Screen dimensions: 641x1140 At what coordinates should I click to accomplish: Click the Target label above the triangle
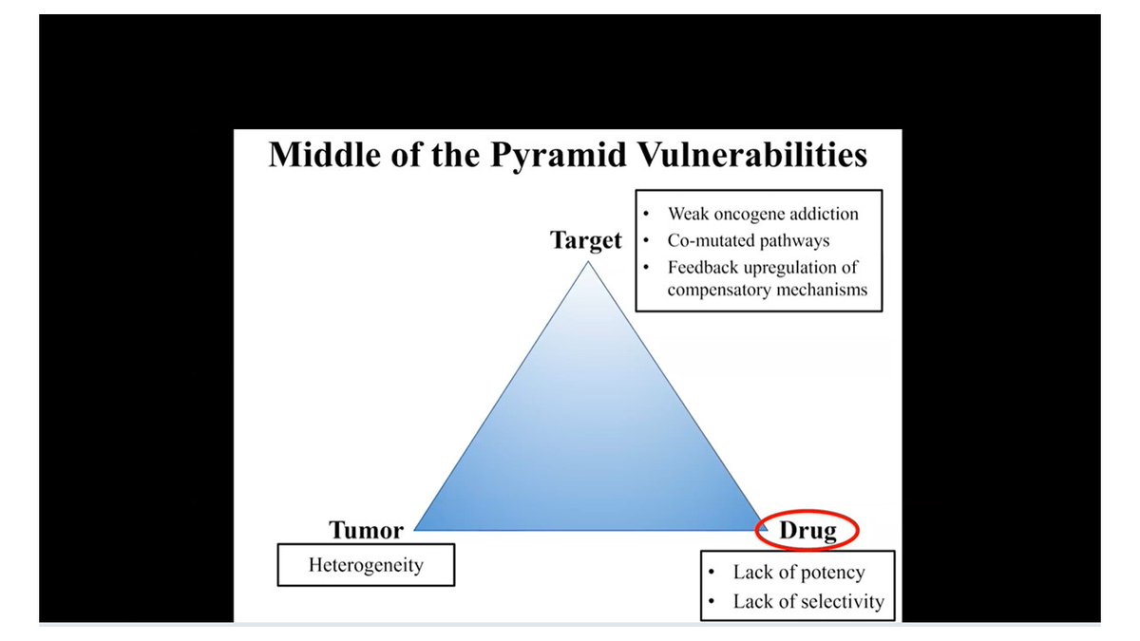pyautogui.click(x=586, y=241)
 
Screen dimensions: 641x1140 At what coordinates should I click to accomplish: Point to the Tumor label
pyautogui.click(x=366, y=530)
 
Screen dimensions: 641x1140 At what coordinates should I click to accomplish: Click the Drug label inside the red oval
pyautogui.click(x=807, y=531)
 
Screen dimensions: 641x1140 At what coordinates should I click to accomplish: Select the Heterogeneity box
pyautogui.click(x=366, y=566)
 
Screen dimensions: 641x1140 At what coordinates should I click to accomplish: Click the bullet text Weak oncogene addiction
pyautogui.click(x=762, y=215)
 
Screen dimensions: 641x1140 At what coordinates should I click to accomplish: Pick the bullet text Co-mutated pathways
pyautogui.click(x=748, y=241)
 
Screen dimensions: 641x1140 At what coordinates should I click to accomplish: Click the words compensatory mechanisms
pyautogui.click(x=767, y=290)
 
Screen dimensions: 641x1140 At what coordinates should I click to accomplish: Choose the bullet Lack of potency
pyautogui.click(x=798, y=572)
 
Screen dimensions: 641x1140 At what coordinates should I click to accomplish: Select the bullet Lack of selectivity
pyautogui.click(x=807, y=601)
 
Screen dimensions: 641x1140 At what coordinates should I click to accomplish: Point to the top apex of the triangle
pyautogui.click(x=588, y=263)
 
